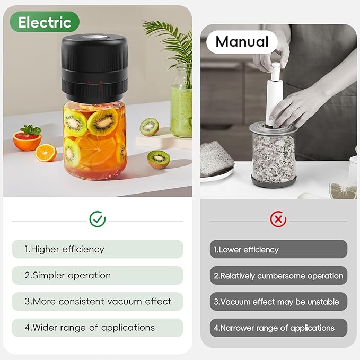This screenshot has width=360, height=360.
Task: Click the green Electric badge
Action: pos(45,22)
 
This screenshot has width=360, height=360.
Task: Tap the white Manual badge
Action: pos(242,41)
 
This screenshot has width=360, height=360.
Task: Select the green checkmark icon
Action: pos(97,219)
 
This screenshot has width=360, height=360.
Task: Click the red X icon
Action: pos(278,219)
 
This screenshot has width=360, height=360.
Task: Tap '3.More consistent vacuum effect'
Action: pos(97,302)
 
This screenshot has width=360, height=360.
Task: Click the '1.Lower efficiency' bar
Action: pos(278,249)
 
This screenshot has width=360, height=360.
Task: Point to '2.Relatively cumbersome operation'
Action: pos(278,276)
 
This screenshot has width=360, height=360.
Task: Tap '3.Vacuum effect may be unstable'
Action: pos(278,302)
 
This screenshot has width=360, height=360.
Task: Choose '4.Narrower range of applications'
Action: pos(278,328)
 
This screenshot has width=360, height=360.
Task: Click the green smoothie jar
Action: pos(181,109)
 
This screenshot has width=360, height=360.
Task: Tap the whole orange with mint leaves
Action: pos(28,139)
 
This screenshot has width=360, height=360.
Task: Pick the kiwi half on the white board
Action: pos(149,127)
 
